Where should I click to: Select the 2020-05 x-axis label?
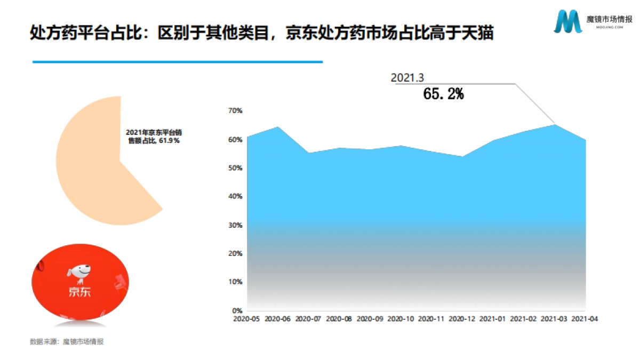click(x=246, y=319)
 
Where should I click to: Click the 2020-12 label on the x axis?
click(x=462, y=319)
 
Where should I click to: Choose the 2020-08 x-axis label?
click(x=339, y=319)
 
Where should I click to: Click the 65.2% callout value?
click(x=443, y=94)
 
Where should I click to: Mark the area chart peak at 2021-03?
click(x=555, y=125)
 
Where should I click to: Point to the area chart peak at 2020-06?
click(x=277, y=127)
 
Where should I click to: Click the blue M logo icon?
click(x=567, y=22)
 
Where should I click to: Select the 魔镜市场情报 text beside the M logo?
click(x=609, y=19)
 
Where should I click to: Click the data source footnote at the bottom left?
click(x=67, y=342)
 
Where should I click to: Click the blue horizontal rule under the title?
click(x=178, y=62)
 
